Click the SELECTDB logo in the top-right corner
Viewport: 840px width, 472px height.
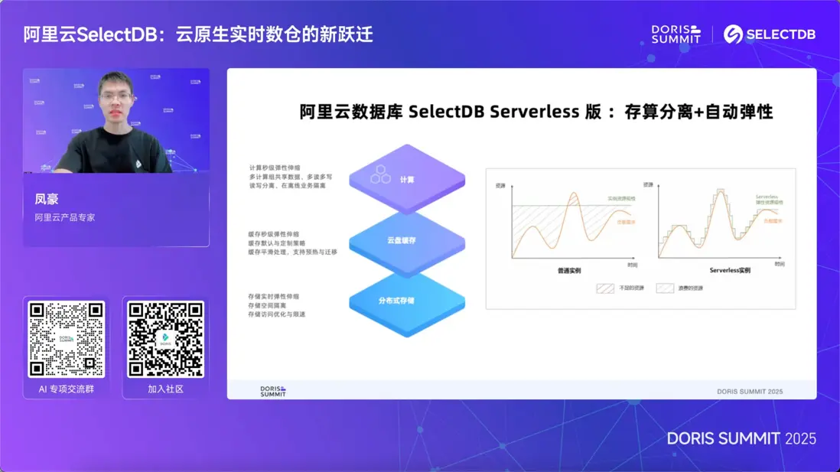tap(769, 34)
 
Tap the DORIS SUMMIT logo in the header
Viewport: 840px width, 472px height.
tap(676, 34)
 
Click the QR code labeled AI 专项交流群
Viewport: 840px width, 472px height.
tap(66, 339)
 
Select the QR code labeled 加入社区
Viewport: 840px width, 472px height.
tap(165, 339)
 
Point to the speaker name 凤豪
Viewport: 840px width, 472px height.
tap(47, 200)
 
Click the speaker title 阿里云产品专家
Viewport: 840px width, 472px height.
tap(65, 217)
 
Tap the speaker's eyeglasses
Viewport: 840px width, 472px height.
tap(116, 97)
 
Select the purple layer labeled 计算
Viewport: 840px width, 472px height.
tap(407, 179)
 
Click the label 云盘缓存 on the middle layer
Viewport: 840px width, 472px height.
tap(401, 240)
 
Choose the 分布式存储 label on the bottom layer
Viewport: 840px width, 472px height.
tap(396, 301)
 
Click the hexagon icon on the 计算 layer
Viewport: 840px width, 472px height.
tap(380, 175)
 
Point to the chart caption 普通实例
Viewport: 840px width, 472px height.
tap(568, 271)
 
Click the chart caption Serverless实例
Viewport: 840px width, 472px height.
tap(729, 271)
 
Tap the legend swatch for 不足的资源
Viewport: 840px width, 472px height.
tap(605, 288)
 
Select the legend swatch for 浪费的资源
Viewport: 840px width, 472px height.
tap(665, 288)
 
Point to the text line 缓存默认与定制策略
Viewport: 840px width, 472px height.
tap(276, 243)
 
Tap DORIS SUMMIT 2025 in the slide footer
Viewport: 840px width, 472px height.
tap(749, 391)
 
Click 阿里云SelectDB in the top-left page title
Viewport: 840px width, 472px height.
tap(93, 34)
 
